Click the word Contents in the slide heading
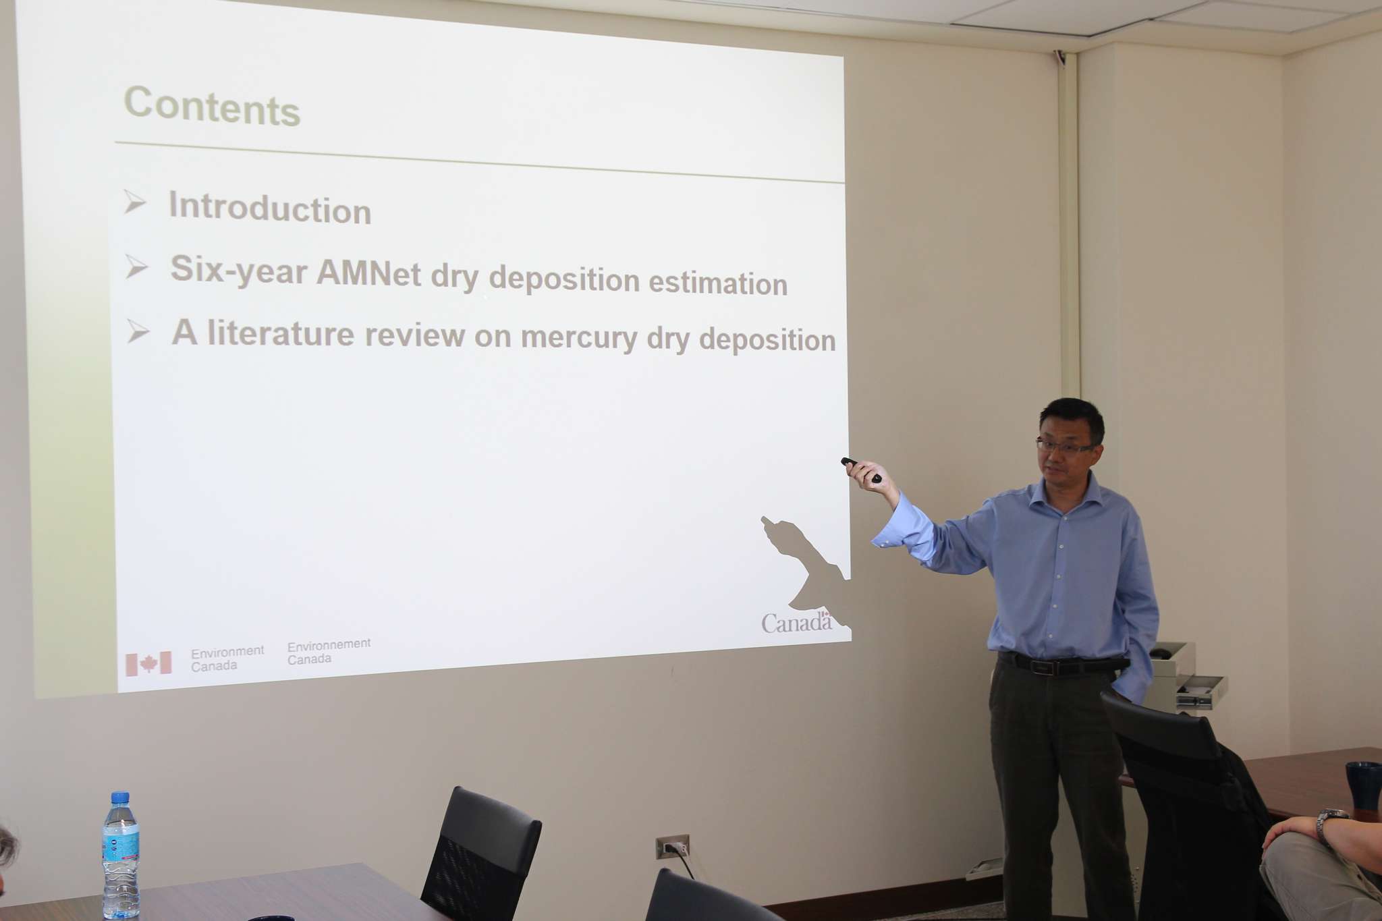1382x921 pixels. (x=212, y=106)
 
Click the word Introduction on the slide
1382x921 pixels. (x=270, y=208)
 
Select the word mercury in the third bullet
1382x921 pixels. (x=578, y=337)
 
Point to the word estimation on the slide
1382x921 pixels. (x=718, y=283)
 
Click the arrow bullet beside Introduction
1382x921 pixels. (x=135, y=202)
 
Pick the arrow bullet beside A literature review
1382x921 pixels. (x=138, y=331)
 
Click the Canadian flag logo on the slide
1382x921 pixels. (x=148, y=664)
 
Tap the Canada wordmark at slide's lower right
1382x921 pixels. (x=797, y=621)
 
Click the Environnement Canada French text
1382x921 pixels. (x=329, y=652)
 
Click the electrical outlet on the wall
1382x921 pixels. (x=672, y=847)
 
